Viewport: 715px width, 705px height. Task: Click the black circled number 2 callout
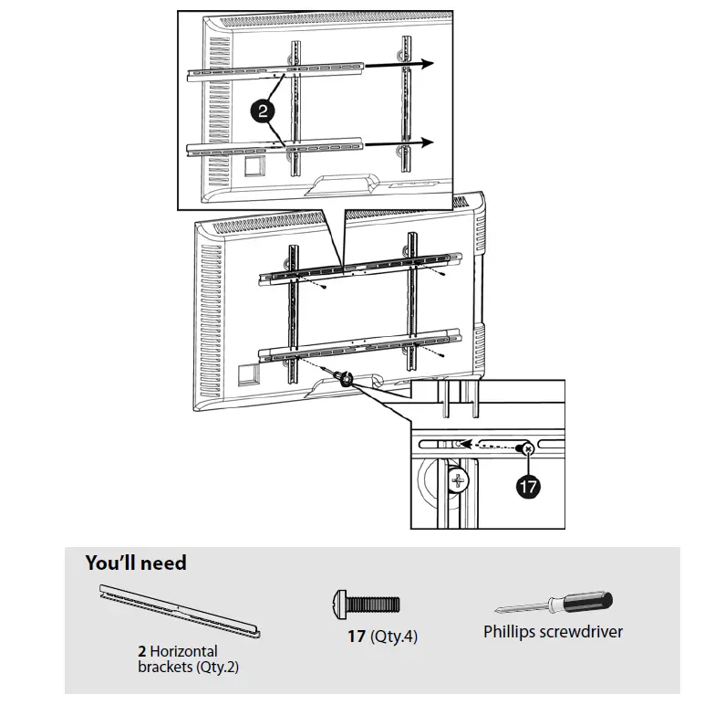pos(262,112)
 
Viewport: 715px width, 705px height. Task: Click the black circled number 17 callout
pos(528,487)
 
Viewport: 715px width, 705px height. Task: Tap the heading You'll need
pos(136,563)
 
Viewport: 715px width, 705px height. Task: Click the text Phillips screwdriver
pos(554,632)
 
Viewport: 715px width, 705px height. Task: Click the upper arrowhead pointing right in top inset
pos(424,63)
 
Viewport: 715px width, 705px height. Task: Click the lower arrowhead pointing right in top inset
pos(424,142)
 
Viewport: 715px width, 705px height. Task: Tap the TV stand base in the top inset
pos(338,186)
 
